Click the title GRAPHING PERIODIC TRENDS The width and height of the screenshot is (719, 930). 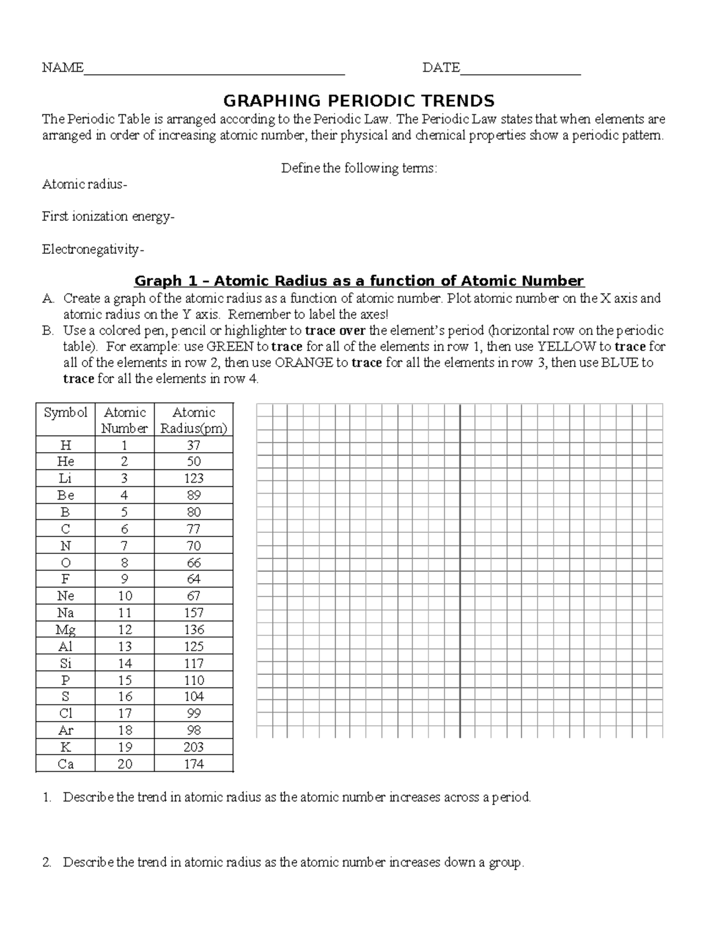click(x=359, y=101)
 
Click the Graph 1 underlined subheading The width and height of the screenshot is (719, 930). click(x=359, y=281)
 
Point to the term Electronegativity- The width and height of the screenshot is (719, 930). click(x=93, y=249)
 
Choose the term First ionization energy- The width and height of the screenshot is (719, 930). click(x=108, y=217)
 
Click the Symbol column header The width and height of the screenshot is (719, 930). click(x=65, y=413)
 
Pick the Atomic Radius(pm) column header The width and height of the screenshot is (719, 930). click(x=194, y=420)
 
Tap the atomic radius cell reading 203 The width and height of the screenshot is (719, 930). click(x=194, y=747)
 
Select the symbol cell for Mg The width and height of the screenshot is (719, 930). click(x=65, y=630)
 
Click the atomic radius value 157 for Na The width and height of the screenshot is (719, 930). click(x=194, y=613)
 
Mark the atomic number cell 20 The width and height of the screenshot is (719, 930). click(x=124, y=764)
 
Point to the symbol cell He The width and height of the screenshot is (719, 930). click(x=65, y=462)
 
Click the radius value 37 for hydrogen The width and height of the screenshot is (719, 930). click(x=194, y=446)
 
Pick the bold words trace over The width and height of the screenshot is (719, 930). click(x=336, y=331)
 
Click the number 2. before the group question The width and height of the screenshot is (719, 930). click(x=47, y=863)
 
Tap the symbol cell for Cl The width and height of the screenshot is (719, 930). click(x=65, y=714)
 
